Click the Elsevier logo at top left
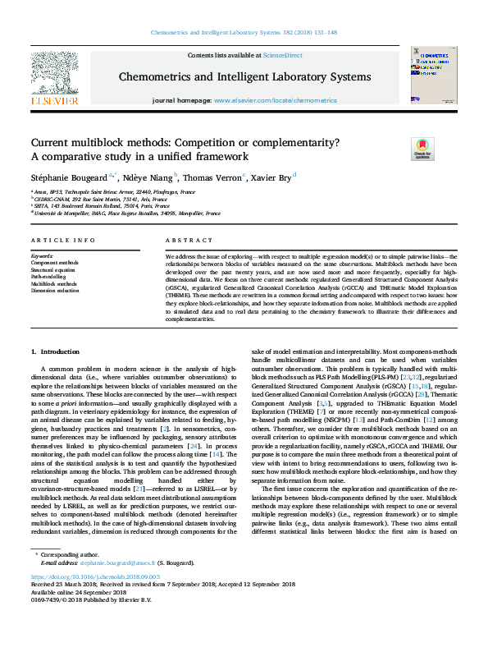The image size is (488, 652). click(54, 77)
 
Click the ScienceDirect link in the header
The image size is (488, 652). click(282, 55)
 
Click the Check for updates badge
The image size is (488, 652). click(422, 148)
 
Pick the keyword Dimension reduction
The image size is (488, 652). click(55, 291)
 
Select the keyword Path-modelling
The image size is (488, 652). click(50, 277)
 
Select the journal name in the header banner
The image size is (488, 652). click(244, 76)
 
